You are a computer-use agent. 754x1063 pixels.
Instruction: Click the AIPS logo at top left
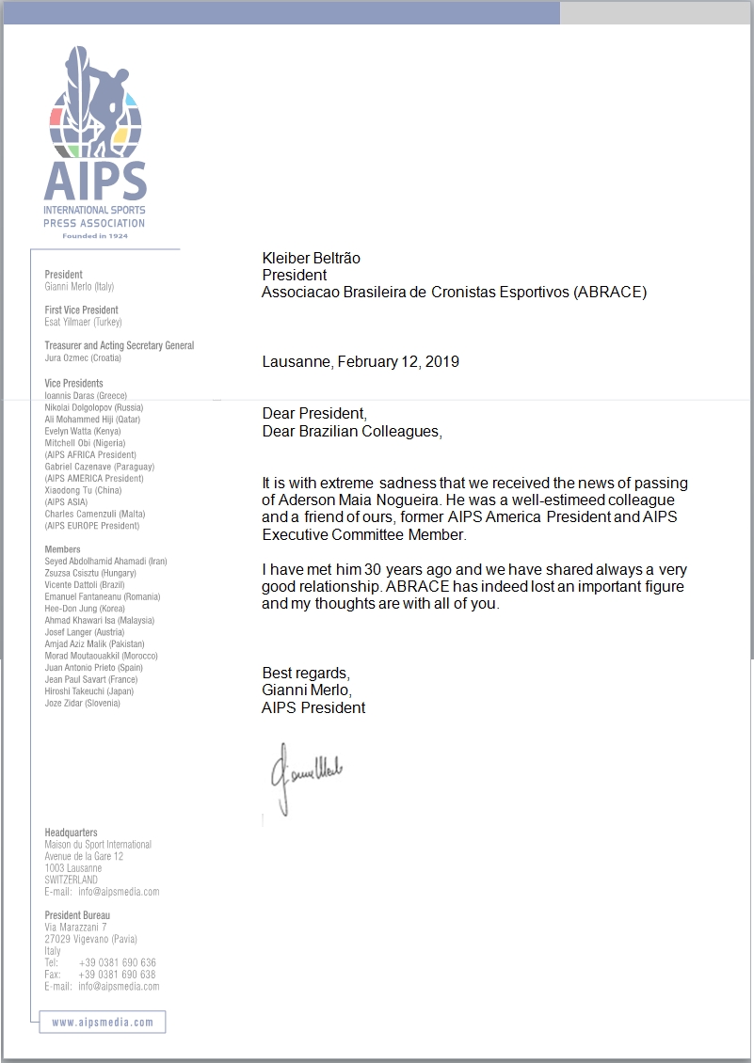click(x=95, y=141)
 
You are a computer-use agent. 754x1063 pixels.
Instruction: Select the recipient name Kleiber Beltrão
click(x=311, y=258)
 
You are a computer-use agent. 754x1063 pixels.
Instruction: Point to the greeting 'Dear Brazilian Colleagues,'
click(x=351, y=431)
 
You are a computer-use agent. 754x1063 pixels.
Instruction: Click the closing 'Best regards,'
click(x=306, y=674)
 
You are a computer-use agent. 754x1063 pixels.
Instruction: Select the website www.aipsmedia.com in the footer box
click(x=102, y=1023)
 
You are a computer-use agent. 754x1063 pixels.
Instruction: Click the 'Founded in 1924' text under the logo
click(x=95, y=236)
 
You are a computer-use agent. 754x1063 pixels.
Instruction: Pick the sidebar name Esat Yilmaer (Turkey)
click(x=83, y=322)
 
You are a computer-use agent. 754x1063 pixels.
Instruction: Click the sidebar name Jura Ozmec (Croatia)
click(x=83, y=357)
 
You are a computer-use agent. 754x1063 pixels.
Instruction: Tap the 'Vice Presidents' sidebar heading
click(x=73, y=383)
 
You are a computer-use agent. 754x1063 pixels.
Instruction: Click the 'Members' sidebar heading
click(x=62, y=548)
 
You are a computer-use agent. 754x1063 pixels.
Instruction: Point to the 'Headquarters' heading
click(x=71, y=833)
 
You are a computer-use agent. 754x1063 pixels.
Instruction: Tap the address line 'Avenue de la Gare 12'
click(x=84, y=856)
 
